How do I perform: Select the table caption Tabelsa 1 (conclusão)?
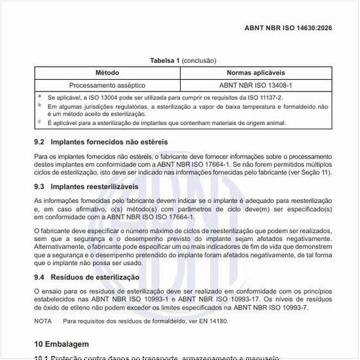[x=179, y=61]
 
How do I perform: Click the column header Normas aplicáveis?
[x=255, y=72]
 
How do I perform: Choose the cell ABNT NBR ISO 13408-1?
[x=255, y=85]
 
